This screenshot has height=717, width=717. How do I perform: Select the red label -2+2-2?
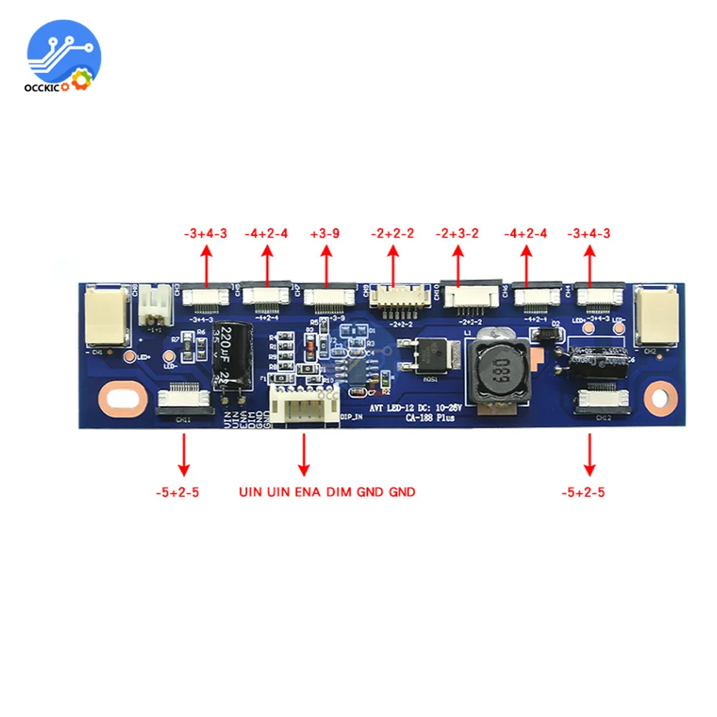click(x=392, y=234)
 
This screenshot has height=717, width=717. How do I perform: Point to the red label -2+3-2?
click(x=458, y=234)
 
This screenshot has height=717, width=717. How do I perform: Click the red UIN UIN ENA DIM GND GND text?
click(x=327, y=492)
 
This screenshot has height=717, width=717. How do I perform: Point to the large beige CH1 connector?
click(x=106, y=315)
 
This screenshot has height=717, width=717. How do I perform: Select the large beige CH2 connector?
click(x=656, y=315)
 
